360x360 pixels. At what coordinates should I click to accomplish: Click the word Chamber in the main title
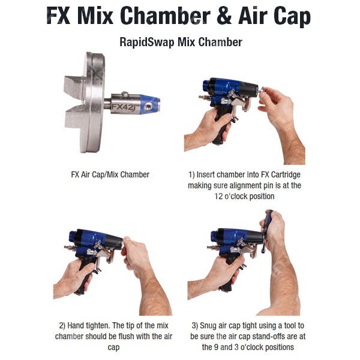165,16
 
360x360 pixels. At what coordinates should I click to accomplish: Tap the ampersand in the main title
224,16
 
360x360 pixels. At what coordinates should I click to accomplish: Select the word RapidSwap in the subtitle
147,43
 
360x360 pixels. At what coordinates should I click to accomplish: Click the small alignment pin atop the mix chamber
125,94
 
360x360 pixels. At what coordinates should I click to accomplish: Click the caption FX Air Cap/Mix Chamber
110,175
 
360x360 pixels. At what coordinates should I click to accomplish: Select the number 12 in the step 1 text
218,196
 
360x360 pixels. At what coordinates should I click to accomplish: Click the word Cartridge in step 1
286,175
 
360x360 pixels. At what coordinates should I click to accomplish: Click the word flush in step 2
125,337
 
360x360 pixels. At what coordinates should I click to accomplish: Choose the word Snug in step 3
208,326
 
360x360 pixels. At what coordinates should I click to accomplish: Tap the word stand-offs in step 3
267,337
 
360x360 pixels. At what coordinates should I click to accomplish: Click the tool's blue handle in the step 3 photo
269,219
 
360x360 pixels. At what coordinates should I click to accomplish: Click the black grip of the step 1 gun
221,128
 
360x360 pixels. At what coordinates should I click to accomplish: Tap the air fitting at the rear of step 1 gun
204,97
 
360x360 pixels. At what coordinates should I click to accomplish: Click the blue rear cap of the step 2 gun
73,237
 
